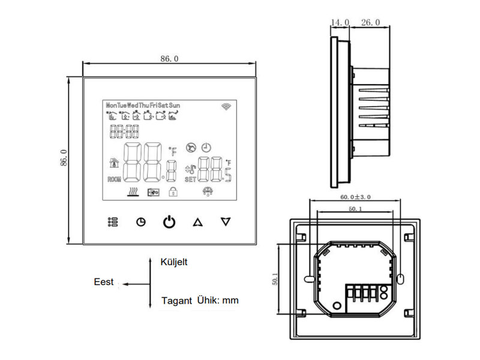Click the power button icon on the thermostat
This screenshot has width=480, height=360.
[170, 222]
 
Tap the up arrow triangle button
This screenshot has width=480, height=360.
[197, 222]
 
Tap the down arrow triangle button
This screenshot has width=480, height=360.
[226, 221]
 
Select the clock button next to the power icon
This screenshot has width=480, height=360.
[141, 222]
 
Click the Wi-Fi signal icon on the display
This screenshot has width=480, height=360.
[227, 106]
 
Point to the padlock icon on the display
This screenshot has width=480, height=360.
[173, 192]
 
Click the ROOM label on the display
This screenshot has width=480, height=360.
[114, 179]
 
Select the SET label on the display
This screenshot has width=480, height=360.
[190, 179]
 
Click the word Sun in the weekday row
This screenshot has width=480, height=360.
[175, 105]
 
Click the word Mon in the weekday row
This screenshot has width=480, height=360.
[111, 105]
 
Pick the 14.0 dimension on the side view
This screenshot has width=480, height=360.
[340, 22]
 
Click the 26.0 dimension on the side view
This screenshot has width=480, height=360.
[370, 22]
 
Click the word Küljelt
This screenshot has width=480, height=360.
[174, 262]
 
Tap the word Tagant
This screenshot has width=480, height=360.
[176, 301]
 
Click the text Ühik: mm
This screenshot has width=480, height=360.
[218, 300]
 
